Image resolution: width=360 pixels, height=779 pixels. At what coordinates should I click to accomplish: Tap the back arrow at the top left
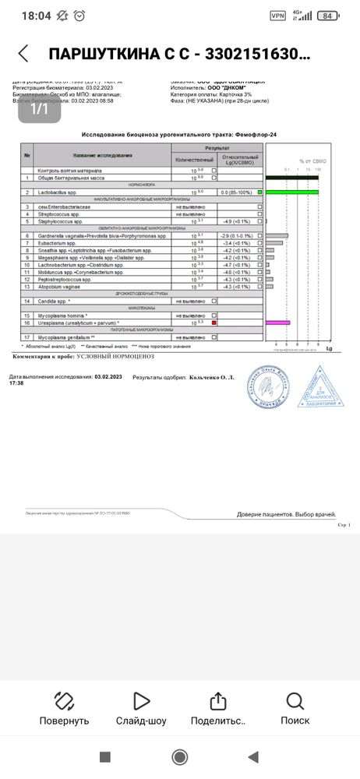point(23,54)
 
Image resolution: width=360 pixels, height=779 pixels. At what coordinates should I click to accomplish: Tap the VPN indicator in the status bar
point(277,16)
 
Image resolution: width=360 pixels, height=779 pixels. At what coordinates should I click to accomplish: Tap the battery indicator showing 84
point(329,16)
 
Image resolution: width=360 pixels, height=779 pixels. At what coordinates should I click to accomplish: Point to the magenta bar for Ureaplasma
point(277,323)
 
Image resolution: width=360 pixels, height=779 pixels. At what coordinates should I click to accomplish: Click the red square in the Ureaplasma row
point(214,323)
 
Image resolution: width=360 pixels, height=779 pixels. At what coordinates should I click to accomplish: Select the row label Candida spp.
point(55,301)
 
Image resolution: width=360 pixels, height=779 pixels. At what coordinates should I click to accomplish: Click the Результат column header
point(217,147)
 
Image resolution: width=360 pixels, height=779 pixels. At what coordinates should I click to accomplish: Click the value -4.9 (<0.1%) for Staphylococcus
point(235,221)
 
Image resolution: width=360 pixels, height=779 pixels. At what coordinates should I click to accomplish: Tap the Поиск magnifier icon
point(295,701)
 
